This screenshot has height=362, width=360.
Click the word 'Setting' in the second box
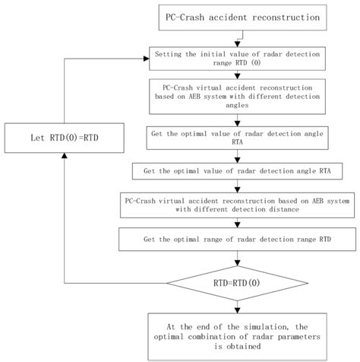168,54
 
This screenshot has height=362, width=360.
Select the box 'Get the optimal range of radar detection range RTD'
241,240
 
